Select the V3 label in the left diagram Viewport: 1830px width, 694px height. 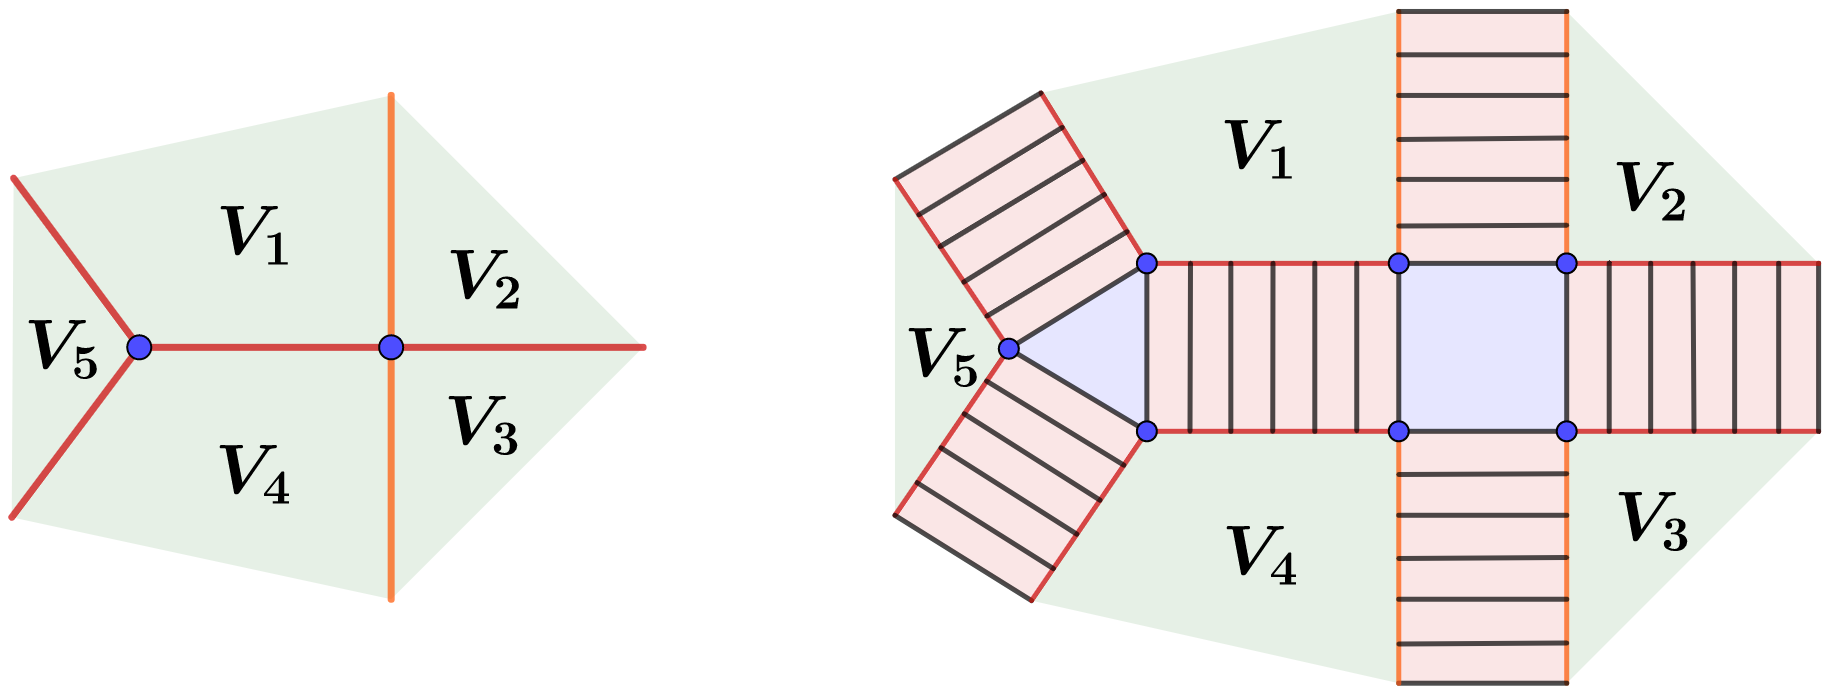[484, 425]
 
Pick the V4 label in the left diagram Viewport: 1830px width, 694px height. [255, 473]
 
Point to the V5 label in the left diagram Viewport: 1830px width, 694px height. [64, 349]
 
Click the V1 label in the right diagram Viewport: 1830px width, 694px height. [1259, 149]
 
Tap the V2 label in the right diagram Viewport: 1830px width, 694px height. [1651, 190]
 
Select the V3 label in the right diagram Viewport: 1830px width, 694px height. [1653, 520]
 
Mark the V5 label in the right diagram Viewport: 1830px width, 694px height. [945, 356]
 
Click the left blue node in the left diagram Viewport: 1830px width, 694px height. [139, 347]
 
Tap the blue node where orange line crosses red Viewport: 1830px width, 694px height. [391, 347]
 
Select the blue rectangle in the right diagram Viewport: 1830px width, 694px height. [1482, 348]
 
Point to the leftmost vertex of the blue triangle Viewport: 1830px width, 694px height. [1009, 348]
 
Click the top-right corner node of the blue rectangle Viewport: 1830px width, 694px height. [1567, 263]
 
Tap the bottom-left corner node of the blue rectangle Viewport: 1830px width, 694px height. [1399, 431]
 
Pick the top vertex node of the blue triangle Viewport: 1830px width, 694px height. [1147, 263]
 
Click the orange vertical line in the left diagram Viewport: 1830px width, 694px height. [391, 200]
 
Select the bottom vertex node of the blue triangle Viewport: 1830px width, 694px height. [1147, 431]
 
